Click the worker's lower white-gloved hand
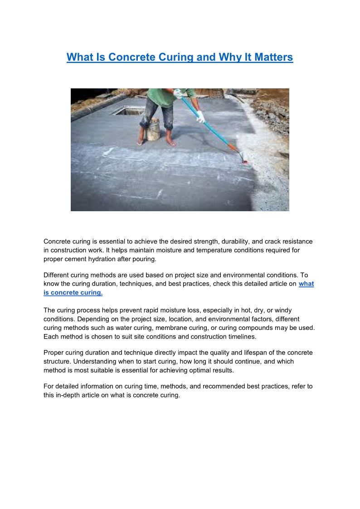[200, 117]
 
